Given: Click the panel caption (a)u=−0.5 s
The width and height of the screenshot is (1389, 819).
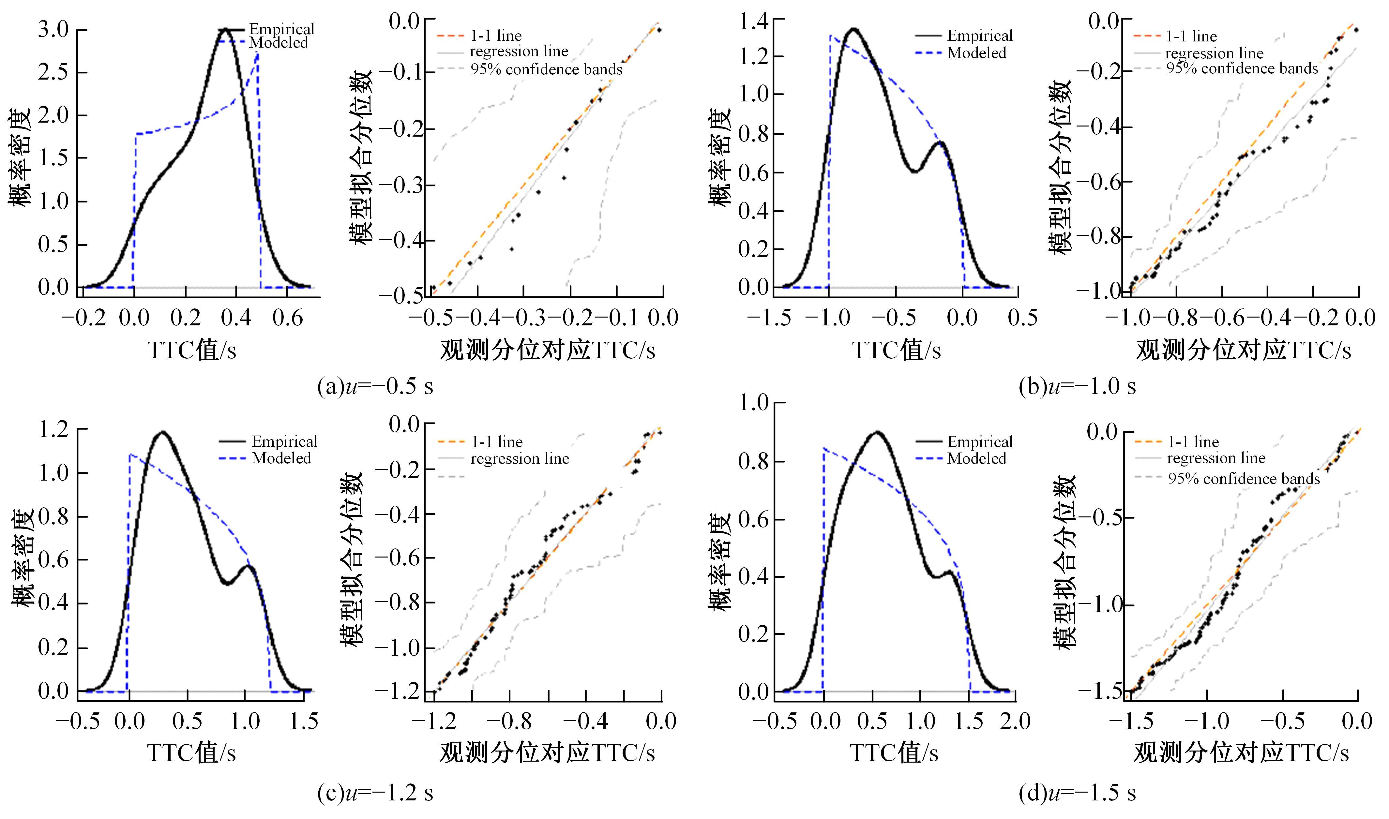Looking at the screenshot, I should pos(375,386).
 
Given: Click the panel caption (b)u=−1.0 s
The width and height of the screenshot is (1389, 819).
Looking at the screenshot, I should pos(1077,386).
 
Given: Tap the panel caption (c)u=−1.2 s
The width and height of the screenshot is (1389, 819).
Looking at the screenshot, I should pos(375,793).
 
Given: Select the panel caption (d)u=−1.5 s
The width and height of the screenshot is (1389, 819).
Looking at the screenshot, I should pos(1077,793).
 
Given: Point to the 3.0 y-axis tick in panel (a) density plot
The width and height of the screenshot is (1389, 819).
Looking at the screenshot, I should pos(53,29).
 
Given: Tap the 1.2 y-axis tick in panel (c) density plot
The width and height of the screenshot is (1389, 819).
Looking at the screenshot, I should pos(53,429).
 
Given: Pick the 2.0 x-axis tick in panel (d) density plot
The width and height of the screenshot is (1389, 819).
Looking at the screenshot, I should pos(1015,721).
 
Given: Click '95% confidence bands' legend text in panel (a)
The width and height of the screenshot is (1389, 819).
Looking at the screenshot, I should pos(546,69).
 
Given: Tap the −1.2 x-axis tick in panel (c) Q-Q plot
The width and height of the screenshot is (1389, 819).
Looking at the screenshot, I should pos(434,721).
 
